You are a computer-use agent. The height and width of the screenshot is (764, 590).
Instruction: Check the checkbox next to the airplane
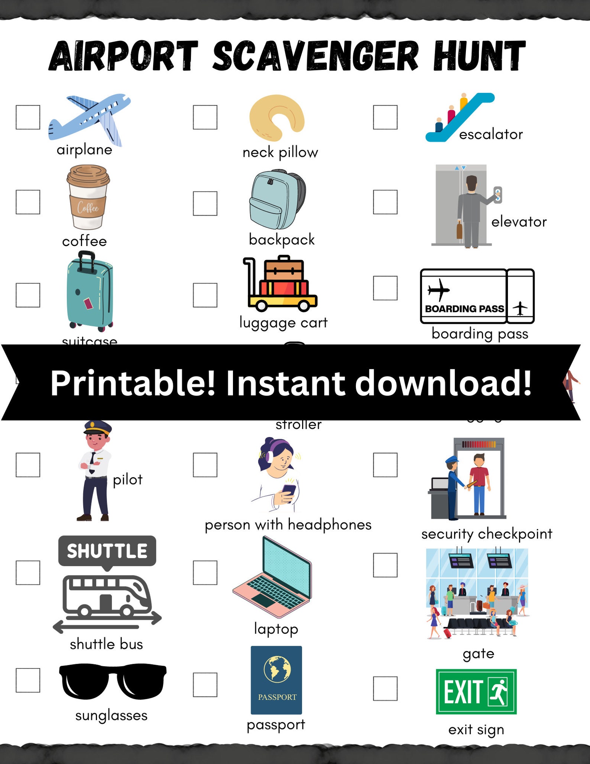[x=28, y=117]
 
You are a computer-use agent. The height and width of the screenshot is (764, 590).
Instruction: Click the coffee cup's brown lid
[x=88, y=175]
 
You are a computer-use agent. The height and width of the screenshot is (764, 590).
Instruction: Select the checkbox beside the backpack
[x=205, y=203]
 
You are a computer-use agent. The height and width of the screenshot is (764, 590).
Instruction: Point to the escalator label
[x=491, y=134]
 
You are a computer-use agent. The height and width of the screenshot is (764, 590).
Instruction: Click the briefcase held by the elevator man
[x=460, y=230]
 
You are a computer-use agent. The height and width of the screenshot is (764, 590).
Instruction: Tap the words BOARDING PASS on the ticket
[x=464, y=309]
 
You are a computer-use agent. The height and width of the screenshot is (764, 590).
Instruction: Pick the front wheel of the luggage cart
[x=304, y=305]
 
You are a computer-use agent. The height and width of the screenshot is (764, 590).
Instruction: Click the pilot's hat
[x=98, y=427]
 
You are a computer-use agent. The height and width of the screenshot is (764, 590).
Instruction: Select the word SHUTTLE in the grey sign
[x=107, y=551]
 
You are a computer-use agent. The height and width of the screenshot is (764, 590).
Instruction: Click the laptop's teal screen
[x=286, y=569]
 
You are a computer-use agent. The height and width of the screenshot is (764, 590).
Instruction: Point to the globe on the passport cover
[x=277, y=669]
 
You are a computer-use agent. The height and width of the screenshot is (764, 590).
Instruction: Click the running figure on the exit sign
[x=499, y=692]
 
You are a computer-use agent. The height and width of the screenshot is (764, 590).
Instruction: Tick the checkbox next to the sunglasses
[x=28, y=680]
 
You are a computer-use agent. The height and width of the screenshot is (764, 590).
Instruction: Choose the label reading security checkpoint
[x=487, y=534]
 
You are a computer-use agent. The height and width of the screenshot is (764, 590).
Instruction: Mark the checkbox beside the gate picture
[x=385, y=565]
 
